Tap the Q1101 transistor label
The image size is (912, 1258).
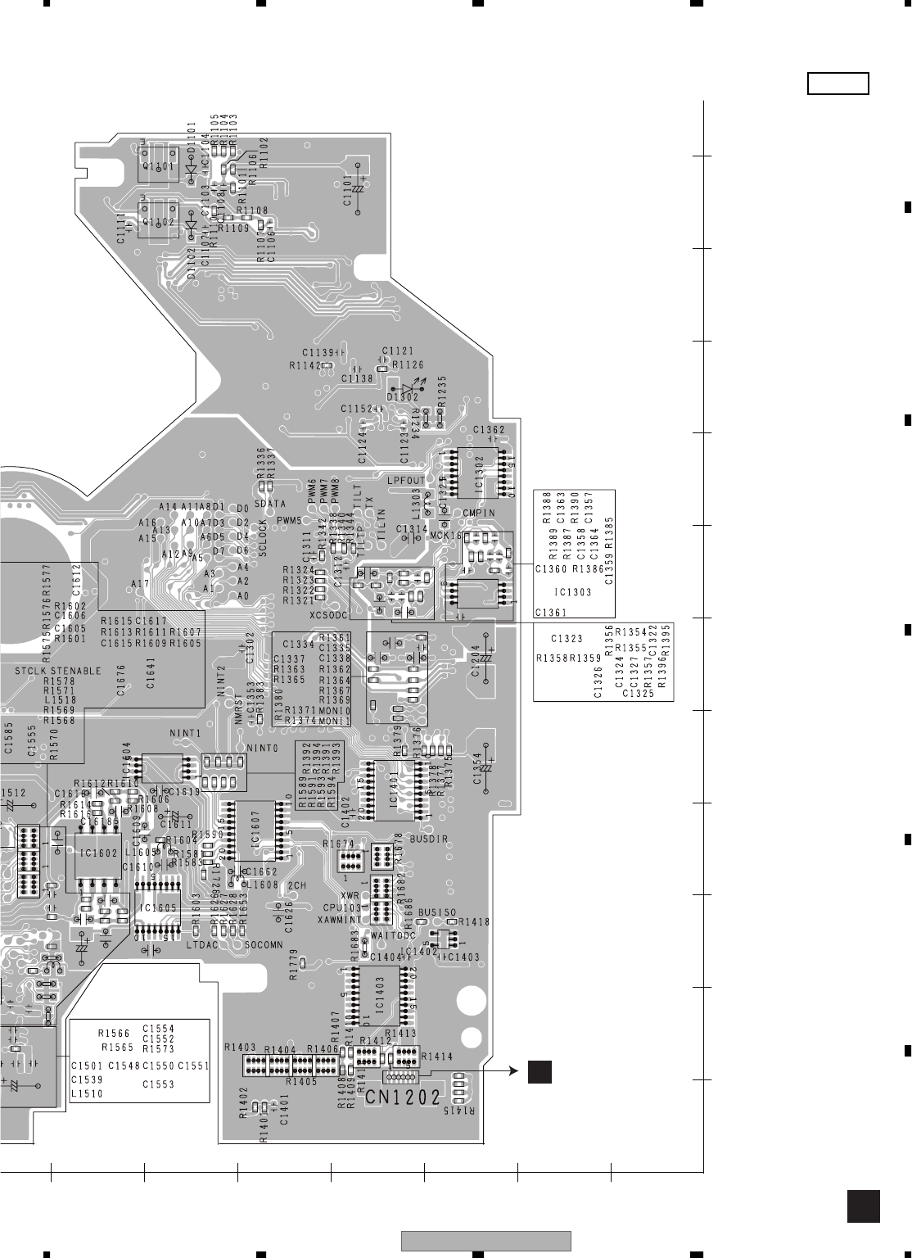(x=158, y=166)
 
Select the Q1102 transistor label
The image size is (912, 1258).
(x=158, y=221)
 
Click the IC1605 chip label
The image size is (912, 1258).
(x=157, y=907)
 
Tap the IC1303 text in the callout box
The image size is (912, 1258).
(x=574, y=591)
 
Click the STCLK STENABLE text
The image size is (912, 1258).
(x=58, y=671)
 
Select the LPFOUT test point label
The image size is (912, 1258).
(x=407, y=480)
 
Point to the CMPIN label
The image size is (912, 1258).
(x=479, y=514)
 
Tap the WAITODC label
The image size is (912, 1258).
(x=394, y=935)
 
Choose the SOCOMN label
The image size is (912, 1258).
(x=264, y=945)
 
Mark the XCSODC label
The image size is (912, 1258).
(x=330, y=614)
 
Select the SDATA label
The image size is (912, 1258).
(x=270, y=504)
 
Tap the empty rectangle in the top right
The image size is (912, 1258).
(x=838, y=84)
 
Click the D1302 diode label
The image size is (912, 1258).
(x=403, y=396)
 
